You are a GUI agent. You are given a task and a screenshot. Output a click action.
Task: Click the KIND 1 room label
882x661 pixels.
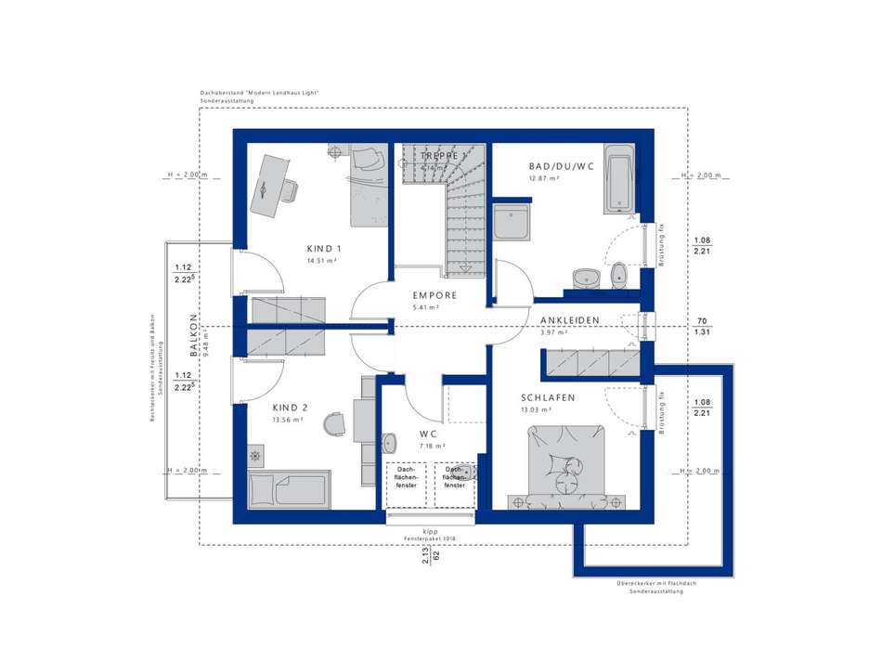[x=325, y=249]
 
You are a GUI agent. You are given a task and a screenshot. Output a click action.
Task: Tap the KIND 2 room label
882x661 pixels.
[x=290, y=407]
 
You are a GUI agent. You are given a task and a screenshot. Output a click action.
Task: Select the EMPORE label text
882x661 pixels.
[x=435, y=295]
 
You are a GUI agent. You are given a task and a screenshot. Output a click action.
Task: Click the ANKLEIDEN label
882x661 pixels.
[x=569, y=320]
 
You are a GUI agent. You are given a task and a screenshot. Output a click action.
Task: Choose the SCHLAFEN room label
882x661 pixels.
[x=548, y=397]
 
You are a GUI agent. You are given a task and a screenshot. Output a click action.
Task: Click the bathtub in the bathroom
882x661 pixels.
[x=620, y=180]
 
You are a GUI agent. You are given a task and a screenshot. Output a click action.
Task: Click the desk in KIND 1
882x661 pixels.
[x=267, y=185]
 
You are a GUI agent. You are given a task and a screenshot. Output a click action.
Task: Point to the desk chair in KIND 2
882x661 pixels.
[x=332, y=424]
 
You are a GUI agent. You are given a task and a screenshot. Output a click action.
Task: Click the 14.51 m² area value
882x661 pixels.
[x=321, y=262]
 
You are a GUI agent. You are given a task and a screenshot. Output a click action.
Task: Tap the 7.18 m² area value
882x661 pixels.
[x=433, y=447]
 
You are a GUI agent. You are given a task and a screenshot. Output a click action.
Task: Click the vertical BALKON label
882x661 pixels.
[x=193, y=335]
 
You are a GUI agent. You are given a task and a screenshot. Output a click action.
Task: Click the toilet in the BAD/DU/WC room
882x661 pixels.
[x=619, y=273]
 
